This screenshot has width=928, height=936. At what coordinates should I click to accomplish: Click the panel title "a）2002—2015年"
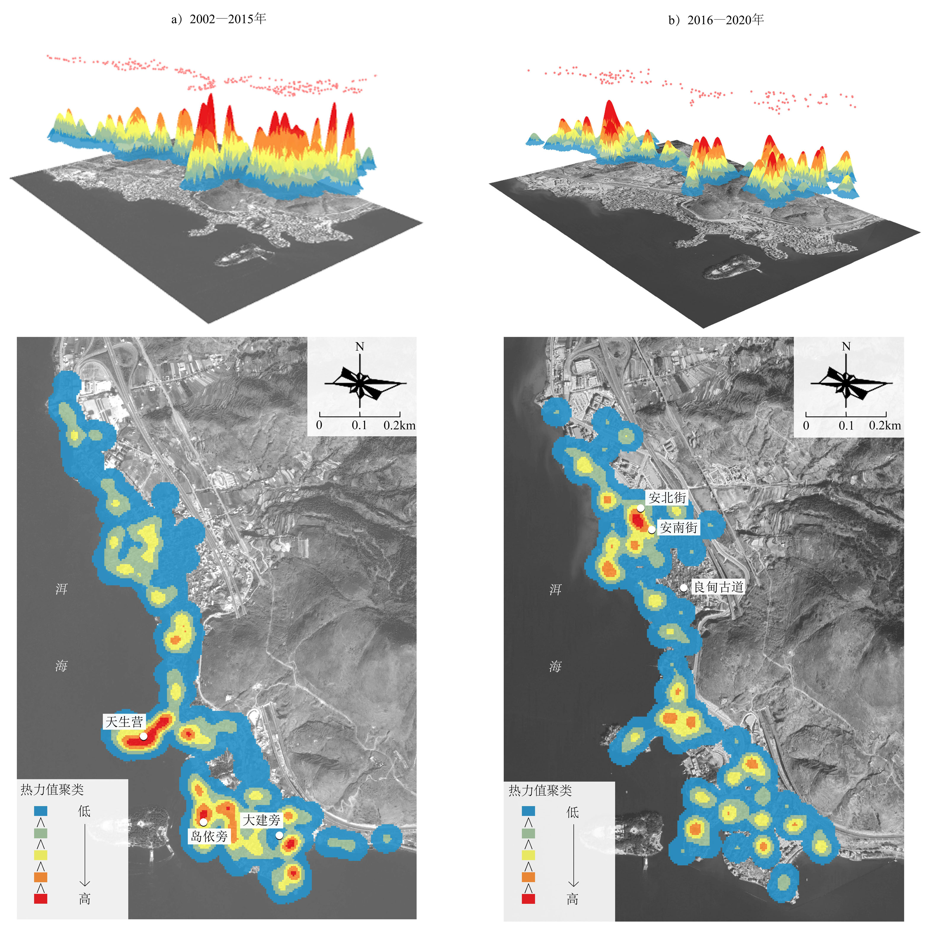[219, 19]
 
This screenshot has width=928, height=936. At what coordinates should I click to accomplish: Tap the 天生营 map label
[124, 722]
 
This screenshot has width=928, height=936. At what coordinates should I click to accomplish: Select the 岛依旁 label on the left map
[209, 836]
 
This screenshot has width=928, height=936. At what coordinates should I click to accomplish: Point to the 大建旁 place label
[262, 820]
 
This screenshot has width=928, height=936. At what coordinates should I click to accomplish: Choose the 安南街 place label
[679, 528]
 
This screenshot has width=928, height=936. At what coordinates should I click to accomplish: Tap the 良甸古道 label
[719, 587]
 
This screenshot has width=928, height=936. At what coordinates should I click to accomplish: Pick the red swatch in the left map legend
[41, 899]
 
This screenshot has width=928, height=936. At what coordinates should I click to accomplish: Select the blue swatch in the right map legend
[528, 811]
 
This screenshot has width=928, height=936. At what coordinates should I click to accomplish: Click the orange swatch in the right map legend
[528, 877]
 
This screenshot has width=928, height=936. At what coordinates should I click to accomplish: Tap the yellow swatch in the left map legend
[41, 855]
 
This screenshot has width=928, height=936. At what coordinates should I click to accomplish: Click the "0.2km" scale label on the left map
[399, 425]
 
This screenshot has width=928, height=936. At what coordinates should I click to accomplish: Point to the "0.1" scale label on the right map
[846, 425]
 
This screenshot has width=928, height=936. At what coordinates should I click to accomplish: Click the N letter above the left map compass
[360, 346]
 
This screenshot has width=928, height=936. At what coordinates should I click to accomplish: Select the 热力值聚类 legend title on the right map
[540, 791]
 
